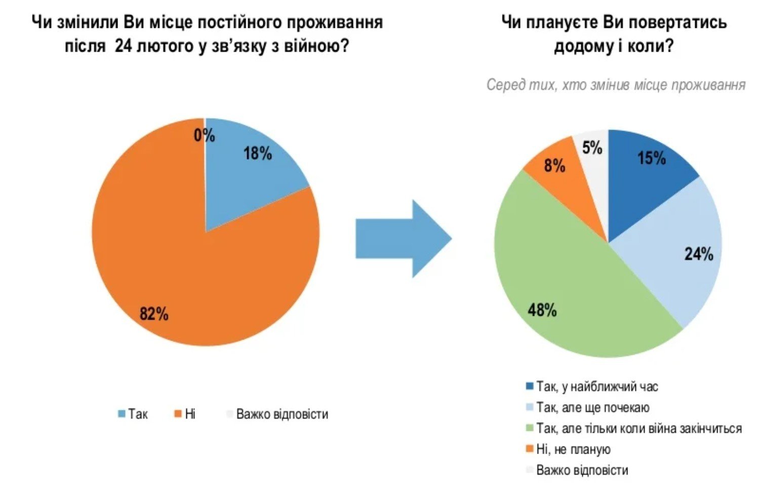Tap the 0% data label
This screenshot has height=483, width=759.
205,135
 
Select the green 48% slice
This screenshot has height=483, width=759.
562,294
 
